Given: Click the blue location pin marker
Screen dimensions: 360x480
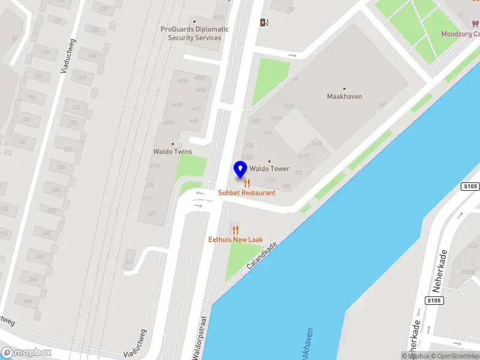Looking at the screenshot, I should point(241,170).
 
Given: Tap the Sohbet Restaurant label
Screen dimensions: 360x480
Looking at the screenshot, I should point(247,193).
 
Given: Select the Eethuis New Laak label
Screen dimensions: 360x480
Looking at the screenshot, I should point(235,239).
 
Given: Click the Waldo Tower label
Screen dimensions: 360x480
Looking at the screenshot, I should point(269,169).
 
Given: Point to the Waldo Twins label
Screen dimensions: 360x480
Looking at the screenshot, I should point(173,151).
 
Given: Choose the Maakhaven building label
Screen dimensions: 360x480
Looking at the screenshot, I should point(344,96).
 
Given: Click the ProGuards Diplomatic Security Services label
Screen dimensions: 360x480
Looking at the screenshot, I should point(194,33).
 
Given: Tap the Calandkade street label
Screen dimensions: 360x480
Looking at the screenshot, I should point(262,256).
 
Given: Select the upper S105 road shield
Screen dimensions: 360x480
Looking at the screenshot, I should point(470,187).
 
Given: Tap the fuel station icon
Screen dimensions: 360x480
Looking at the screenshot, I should point(264,23).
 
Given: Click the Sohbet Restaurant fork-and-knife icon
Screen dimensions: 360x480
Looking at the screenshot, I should point(247,183).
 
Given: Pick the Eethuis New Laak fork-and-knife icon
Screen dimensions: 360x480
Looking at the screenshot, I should point(235,230).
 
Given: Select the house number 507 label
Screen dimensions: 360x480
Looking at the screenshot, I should point(152,214).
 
